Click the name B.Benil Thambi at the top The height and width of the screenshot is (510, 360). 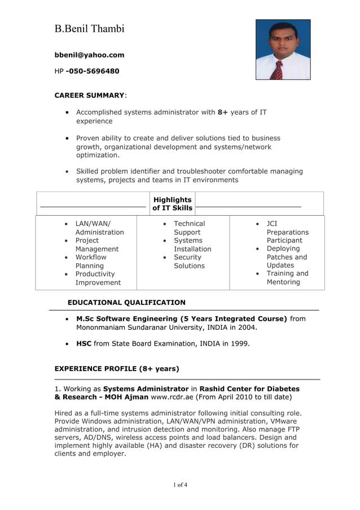point(89,29)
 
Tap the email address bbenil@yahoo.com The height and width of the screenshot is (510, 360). point(89,55)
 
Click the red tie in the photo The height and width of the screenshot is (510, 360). point(277,70)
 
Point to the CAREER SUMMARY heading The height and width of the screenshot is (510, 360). point(89,95)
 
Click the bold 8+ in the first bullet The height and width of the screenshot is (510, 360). point(222,112)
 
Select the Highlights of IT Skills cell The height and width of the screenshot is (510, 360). point(172,204)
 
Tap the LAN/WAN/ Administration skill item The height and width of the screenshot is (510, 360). point(99,228)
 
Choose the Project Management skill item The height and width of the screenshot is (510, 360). point(96,245)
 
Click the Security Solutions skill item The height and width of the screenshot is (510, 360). point(188,261)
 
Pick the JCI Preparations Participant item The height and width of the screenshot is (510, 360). point(287,232)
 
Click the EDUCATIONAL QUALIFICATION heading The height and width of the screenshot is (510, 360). point(126,303)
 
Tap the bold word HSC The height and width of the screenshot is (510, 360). point(84,343)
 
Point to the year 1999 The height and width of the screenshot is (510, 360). point(239,343)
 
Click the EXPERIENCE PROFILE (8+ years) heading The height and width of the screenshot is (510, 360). point(117,369)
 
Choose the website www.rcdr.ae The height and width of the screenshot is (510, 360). point(173,397)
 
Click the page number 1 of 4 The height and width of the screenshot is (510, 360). point(180,485)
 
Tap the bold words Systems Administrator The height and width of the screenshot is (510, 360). point(146,389)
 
